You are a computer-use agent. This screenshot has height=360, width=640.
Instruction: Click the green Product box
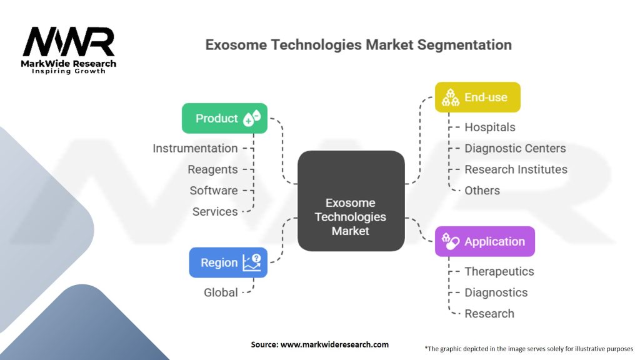[224, 118]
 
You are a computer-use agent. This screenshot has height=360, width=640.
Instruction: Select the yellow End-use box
[477, 97]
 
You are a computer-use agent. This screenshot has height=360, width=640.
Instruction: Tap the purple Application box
[484, 241]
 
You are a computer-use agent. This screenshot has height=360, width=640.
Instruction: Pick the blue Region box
[228, 262]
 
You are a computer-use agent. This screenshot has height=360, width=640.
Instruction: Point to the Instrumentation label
[195, 148]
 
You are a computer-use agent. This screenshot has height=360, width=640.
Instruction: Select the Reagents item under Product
[212, 169]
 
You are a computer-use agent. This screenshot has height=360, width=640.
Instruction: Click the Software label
[214, 191]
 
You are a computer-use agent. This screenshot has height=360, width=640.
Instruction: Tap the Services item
[215, 212]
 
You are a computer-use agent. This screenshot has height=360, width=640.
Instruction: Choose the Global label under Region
[221, 292]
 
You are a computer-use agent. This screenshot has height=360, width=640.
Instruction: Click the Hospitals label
[489, 127]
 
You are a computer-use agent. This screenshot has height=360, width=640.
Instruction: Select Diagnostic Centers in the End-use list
[515, 148]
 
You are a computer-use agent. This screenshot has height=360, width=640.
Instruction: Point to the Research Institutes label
[516, 169]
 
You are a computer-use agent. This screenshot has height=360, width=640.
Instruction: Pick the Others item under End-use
[482, 191]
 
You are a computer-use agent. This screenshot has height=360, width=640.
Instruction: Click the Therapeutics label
[499, 271]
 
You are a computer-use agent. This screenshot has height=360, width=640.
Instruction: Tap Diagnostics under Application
[496, 292]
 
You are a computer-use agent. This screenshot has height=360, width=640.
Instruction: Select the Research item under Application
[489, 314]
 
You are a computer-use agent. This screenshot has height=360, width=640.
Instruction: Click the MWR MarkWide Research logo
[69, 50]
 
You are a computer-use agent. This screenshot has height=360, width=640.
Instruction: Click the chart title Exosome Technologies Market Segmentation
[359, 45]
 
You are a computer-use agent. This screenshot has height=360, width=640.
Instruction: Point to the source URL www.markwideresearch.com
[319, 344]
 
